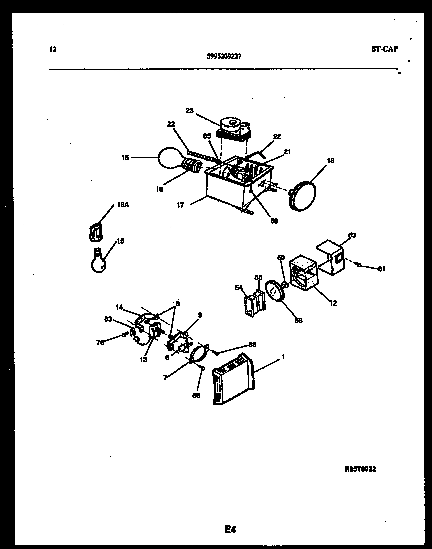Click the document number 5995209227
(224, 56)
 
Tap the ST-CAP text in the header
(385, 49)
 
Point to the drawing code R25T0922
(360, 469)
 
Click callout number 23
(189, 111)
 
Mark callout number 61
(382, 269)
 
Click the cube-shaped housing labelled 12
(303, 273)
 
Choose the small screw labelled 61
(359, 265)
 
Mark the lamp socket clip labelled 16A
(95, 232)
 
